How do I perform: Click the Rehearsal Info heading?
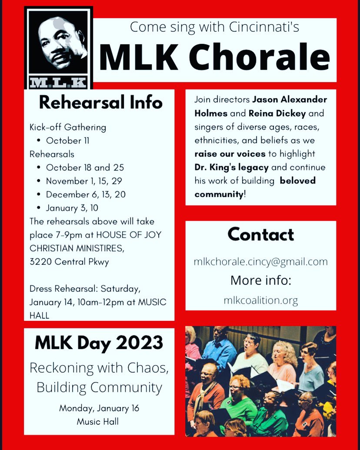[100, 103]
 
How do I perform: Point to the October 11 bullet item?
[63, 140]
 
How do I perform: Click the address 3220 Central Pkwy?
[70, 262]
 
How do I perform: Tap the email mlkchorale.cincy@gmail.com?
[260, 262]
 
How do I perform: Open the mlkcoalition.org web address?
[260, 300]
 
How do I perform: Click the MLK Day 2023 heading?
[99, 343]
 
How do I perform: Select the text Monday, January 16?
[99, 408]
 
